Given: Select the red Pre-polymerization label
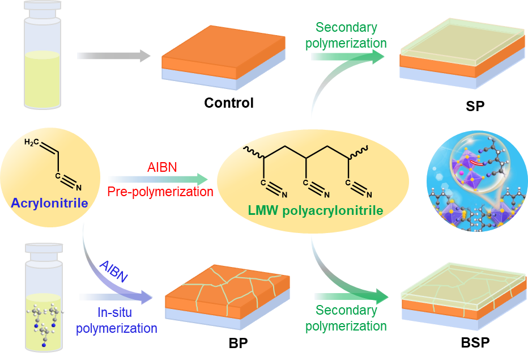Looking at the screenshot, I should [160, 192].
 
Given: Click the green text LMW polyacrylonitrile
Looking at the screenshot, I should [316, 211].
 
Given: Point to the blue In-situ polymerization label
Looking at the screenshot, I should [117, 319].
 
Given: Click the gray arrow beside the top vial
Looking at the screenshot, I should [113, 56].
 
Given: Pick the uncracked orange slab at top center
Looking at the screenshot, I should [224, 57].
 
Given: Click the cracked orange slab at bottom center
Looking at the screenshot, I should [227, 295].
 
